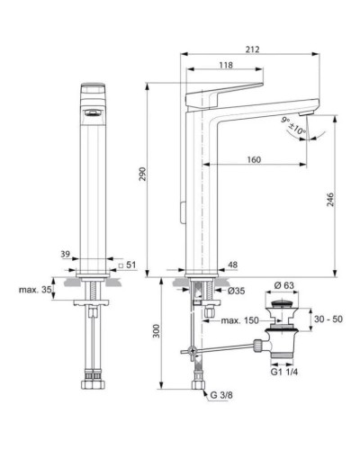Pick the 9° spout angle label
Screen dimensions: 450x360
point(285,121)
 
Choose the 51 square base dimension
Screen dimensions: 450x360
point(129,265)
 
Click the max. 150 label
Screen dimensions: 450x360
point(240,321)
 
